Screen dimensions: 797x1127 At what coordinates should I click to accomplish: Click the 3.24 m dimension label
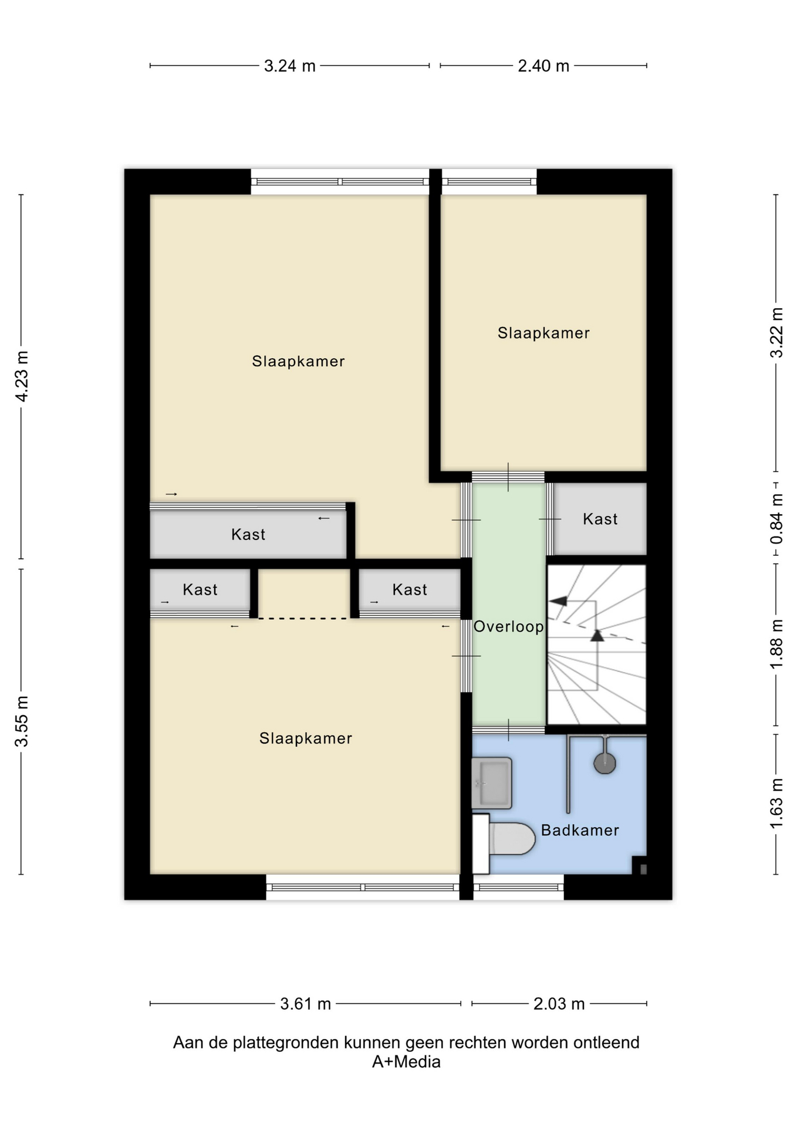click(x=289, y=66)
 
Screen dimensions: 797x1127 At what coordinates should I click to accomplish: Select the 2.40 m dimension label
click(x=543, y=66)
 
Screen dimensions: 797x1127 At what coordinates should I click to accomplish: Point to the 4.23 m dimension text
click(x=22, y=376)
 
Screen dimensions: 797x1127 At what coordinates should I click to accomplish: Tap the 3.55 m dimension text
click(x=22, y=721)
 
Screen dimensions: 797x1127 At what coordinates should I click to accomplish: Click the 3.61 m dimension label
click(x=305, y=1004)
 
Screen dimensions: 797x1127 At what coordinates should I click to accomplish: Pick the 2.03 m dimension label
click(x=559, y=1004)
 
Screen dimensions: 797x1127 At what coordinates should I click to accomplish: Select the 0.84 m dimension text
click(x=776, y=518)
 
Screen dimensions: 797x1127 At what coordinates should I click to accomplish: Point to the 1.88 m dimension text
click(x=776, y=643)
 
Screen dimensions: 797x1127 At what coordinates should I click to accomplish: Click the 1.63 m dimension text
click(x=776, y=804)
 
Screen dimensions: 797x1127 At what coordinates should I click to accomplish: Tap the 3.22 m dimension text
click(x=776, y=332)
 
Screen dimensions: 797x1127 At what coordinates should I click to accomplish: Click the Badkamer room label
click(x=580, y=830)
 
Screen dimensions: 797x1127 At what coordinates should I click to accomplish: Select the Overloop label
click(x=508, y=626)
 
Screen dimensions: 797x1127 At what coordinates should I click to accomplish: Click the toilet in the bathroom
click(x=504, y=843)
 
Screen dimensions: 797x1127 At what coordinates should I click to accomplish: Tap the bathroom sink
click(x=492, y=783)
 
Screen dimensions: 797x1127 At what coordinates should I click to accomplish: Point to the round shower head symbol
click(x=604, y=763)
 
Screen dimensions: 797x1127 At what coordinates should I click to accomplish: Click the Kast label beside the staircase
click(x=600, y=519)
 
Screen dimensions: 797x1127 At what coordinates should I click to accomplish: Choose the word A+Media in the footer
click(x=406, y=1062)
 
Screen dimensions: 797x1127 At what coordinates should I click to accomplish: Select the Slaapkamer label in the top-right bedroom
click(x=543, y=333)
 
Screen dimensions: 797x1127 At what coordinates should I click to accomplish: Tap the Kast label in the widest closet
click(x=248, y=534)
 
